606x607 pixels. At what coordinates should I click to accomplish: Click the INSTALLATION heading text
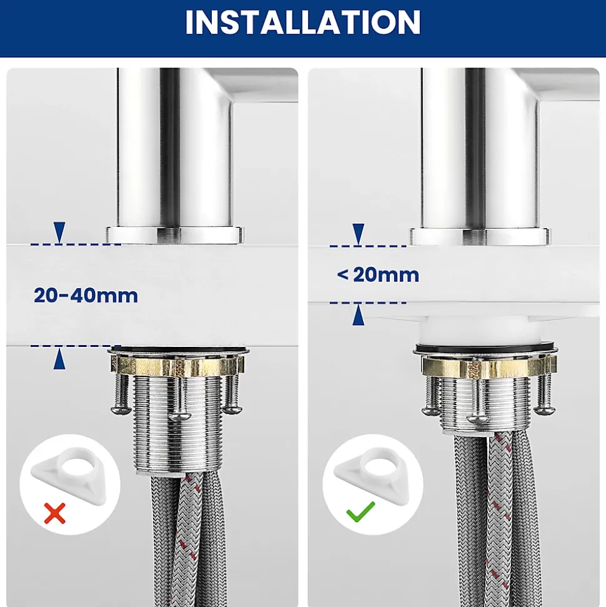302,22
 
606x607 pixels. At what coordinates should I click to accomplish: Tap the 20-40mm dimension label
86,296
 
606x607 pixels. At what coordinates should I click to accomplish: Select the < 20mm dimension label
378,275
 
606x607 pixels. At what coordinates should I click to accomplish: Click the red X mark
54,513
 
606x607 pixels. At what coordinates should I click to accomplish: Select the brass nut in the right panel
489,366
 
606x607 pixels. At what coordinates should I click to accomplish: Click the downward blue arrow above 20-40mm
59,233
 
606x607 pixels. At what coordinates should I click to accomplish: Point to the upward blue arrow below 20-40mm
59,358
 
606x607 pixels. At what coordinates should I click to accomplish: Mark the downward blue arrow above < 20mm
359,234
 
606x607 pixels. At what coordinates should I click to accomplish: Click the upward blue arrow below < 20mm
359,314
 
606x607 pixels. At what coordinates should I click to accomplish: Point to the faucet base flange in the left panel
175,235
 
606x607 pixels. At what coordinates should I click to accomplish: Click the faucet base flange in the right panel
479,236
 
